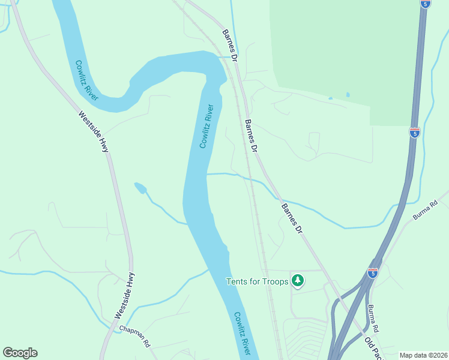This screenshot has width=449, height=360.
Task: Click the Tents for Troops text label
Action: click(x=257, y=281)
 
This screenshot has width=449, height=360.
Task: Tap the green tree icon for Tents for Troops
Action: click(x=297, y=280)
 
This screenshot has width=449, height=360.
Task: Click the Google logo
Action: click(x=20, y=353)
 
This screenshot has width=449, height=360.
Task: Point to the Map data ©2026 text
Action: click(x=424, y=355)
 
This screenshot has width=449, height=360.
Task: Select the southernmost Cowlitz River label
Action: click(x=243, y=334)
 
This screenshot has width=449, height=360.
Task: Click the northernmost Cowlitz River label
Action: click(x=87, y=80)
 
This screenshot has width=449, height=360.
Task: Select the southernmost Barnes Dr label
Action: click(x=293, y=218)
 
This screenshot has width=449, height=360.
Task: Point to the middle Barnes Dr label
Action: click(x=252, y=136)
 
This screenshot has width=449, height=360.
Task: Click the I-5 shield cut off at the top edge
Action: click(x=425, y=4)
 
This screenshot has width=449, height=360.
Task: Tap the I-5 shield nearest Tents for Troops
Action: click(x=373, y=273)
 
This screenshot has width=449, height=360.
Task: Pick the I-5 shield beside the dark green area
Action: click(x=414, y=132)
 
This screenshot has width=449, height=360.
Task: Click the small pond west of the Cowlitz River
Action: click(x=140, y=188)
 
